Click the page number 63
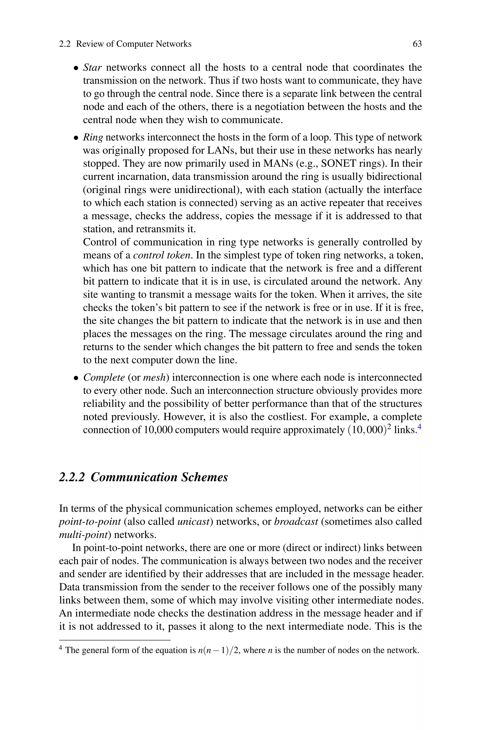pyautogui.click(x=417, y=44)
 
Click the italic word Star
pyautogui.click(x=92, y=67)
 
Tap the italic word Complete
pyautogui.click(x=104, y=377)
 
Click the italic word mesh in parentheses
pyautogui.click(x=154, y=377)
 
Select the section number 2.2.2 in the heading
pyautogui.click(x=71, y=477)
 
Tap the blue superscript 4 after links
pyautogui.click(x=420, y=427)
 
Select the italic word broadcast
pyautogui.click(x=296, y=521)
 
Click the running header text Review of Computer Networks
pyautogui.click(x=133, y=44)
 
